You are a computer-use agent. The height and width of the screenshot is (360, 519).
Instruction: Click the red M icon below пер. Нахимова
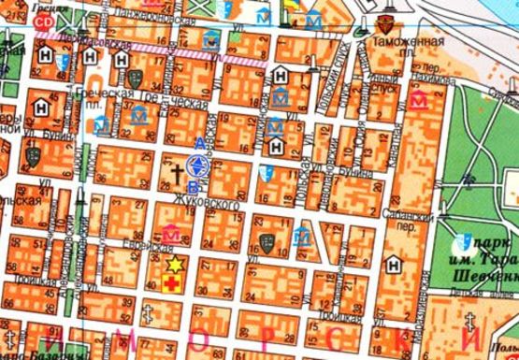click(x=417, y=99)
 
